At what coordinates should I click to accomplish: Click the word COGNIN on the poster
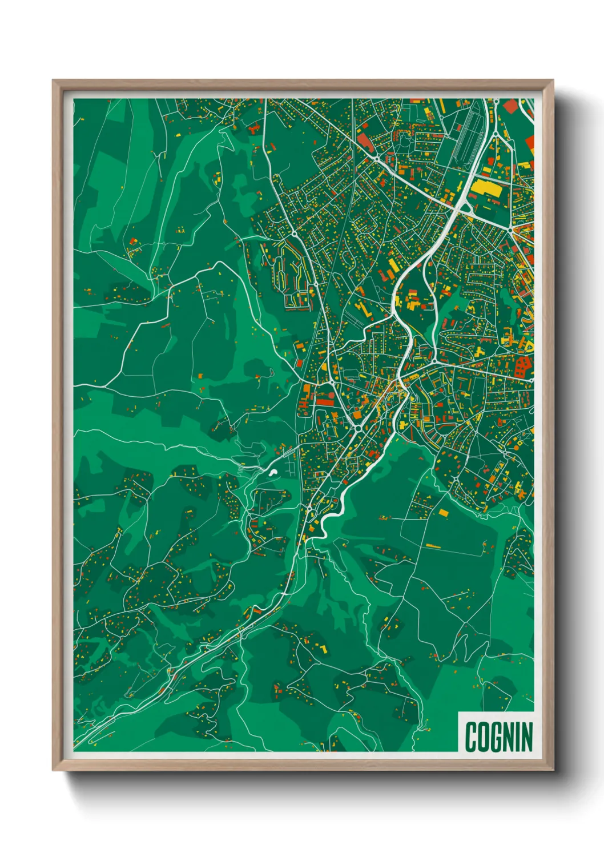pos(498,736)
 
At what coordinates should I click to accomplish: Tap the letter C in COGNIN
pos(472,736)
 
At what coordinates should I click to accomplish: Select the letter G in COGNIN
pos(497,736)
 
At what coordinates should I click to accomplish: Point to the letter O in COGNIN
pos(484,736)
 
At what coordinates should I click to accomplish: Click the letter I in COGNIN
pos(518,736)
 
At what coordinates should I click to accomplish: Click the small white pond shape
pos(273,472)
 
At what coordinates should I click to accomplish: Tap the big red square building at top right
pos(510,106)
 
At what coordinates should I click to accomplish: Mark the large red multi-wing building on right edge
pos(522,367)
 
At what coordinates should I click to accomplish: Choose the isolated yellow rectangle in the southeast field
pos(443,513)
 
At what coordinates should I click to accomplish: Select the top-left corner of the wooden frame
pos(54,81)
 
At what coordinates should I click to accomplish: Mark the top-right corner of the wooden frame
pos(553,81)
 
